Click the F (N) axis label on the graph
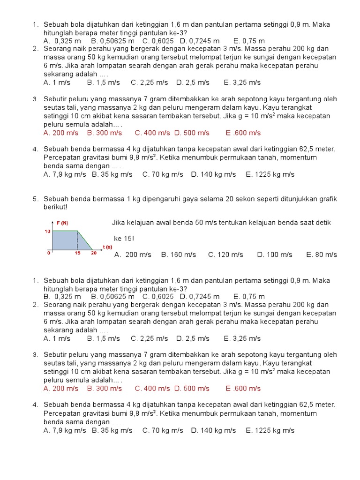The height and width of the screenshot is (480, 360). pos(62,223)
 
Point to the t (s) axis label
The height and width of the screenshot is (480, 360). pos(108,247)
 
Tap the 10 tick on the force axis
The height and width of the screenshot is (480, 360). pos(47,231)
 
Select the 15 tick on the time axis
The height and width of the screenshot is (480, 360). pos(77,253)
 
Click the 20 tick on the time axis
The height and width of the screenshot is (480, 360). pos(94,253)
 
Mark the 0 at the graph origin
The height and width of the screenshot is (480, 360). pos(49,253)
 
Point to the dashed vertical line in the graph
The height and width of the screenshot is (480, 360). pos(77,240)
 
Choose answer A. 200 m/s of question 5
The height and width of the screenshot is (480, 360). pos(133,255)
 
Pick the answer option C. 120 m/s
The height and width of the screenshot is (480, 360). pos(225,255)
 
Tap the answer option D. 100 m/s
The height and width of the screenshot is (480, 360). pos(274,255)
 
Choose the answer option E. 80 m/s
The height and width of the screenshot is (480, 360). pos(322,255)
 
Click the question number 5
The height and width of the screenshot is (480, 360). pos(35,199)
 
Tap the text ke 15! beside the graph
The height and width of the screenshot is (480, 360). pos(124,239)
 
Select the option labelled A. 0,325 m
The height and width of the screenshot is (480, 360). pos(62,41)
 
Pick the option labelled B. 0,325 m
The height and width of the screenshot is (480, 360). pos(62,296)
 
